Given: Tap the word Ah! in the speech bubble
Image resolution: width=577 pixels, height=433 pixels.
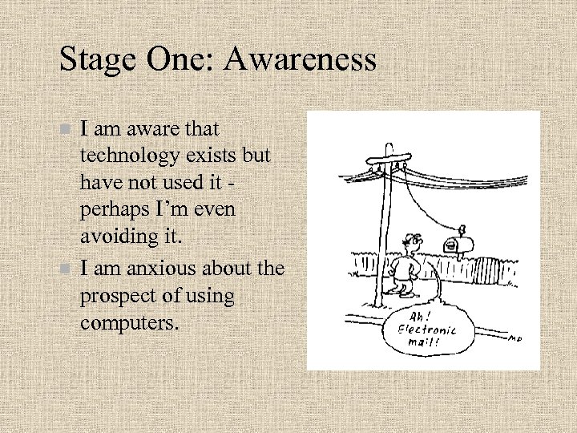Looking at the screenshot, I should [421, 315].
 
